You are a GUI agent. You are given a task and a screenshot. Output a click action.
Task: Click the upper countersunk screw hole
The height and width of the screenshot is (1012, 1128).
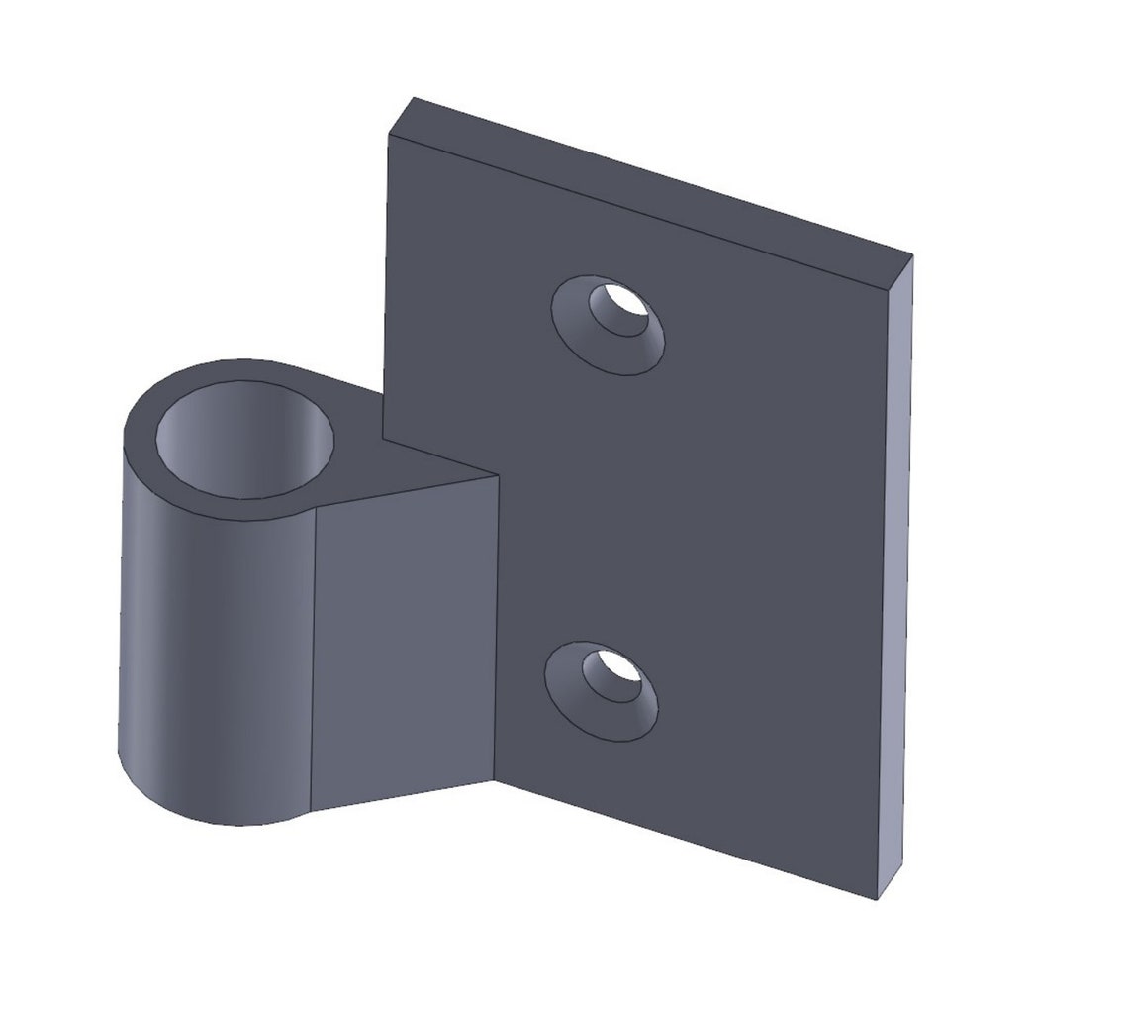[x=608, y=325]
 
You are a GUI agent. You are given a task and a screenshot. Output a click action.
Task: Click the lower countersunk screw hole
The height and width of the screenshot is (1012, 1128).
[x=602, y=691]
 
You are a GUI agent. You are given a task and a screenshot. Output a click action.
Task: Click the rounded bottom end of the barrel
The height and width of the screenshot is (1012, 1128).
[x=218, y=807]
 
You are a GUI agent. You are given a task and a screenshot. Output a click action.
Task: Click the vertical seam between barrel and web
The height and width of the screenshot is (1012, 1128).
[x=313, y=654]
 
